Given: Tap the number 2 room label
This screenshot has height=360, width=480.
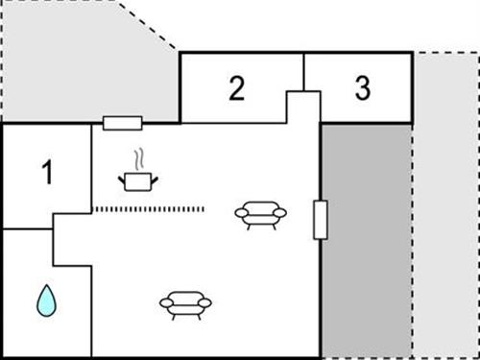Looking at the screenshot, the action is [x=237, y=88].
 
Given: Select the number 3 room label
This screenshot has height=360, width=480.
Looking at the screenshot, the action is [x=362, y=88].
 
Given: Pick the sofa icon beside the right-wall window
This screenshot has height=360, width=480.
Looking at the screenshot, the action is [x=261, y=213].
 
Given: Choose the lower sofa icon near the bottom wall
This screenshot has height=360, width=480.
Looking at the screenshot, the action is [x=186, y=302].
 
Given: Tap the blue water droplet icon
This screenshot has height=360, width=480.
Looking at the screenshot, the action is [x=45, y=300].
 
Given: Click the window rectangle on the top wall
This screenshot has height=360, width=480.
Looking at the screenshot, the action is [x=122, y=123].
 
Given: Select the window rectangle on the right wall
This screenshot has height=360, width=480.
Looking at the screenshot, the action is [x=321, y=219].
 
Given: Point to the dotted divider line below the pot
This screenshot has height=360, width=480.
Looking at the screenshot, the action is [x=149, y=208].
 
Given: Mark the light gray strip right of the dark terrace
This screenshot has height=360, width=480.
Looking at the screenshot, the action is [x=445, y=211].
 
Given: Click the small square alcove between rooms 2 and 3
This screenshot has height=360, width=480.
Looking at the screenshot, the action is [x=303, y=106].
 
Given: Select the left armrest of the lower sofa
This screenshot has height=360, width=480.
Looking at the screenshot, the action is [x=164, y=303].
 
